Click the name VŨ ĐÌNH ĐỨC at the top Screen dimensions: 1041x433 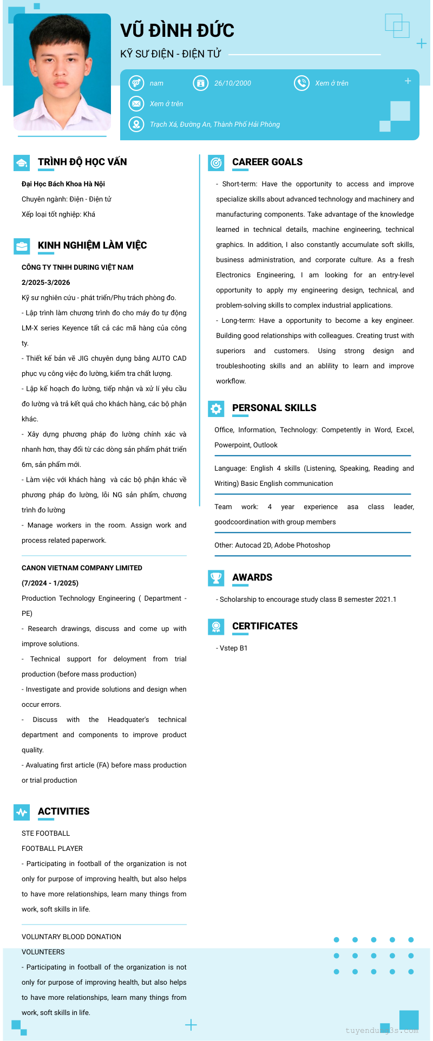[177, 30]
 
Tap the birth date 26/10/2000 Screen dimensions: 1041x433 [232, 83]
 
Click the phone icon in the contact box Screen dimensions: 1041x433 [301, 83]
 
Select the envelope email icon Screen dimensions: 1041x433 [136, 103]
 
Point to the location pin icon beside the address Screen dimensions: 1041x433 [136, 124]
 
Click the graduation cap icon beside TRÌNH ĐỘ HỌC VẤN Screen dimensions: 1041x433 [22, 162]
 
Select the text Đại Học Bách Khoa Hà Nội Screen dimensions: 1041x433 [63, 184]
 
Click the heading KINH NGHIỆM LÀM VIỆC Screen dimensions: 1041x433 [92, 245]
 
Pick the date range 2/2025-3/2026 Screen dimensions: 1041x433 [46, 283]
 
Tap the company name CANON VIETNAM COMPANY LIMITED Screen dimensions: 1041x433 [82, 568]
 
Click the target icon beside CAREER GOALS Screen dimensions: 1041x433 [216, 162]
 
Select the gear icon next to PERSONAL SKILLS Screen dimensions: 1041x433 [216, 408]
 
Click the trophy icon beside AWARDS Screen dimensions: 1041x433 [216, 578]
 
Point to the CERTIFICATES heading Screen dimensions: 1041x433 [265, 626]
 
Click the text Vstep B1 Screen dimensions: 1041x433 [233, 648]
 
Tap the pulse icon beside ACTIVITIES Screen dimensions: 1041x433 [22, 812]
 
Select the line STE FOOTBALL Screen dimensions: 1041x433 [46, 834]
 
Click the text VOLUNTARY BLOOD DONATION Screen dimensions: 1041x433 [71, 937]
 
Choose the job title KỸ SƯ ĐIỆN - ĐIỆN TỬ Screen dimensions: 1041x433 [170, 54]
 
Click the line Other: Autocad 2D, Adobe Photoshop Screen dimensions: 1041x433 [272, 545]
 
